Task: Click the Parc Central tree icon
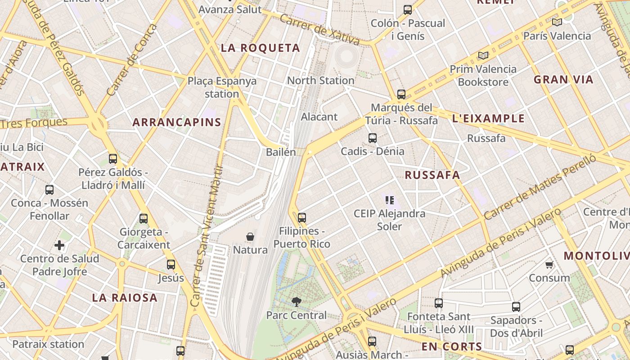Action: pyautogui.click(x=296, y=301)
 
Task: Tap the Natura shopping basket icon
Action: pyautogui.click(x=250, y=236)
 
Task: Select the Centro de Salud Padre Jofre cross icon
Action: pyautogui.click(x=59, y=245)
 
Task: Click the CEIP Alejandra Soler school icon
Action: pyautogui.click(x=390, y=200)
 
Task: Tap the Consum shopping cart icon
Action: pyautogui.click(x=549, y=265)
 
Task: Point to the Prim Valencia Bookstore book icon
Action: pyautogui.click(x=483, y=55)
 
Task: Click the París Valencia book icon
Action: pyautogui.click(x=557, y=22)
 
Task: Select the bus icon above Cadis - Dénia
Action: pyautogui.click(x=373, y=138)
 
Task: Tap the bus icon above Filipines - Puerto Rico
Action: pyautogui.click(x=301, y=218)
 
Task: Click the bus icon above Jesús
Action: pyautogui.click(x=171, y=265)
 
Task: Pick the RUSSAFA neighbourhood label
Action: pyautogui.click(x=432, y=175)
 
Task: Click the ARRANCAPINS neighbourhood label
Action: pyautogui.click(x=177, y=122)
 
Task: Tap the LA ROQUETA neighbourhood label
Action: pyautogui.click(x=260, y=48)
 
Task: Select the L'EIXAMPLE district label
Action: pyautogui.click(x=488, y=119)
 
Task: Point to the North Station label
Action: pyautogui.click(x=321, y=81)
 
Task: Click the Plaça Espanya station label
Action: pyautogui.click(x=222, y=87)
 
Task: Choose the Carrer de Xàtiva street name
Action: pyautogui.click(x=319, y=30)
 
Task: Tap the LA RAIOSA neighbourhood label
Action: pyautogui.click(x=125, y=297)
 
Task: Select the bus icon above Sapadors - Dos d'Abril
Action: pyautogui.click(x=516, y=307)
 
